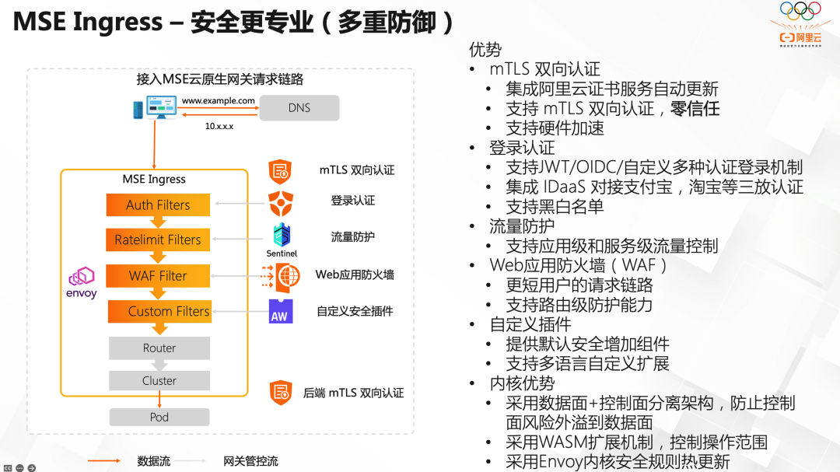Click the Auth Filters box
[158, 205]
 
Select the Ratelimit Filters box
[158, 239]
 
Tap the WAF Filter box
[158, 276]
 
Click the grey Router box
[159, 348]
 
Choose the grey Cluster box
[159, 380]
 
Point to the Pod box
[159, 417]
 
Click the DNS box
[299, 108]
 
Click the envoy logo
[82, 283]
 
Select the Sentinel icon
[282, 236]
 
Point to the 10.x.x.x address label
[219, 125]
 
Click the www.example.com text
[218, 101]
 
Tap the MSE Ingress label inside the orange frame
[154, 179]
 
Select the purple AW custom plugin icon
[281, 311]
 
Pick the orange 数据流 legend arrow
[108, 461]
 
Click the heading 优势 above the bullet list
[485, 50]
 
